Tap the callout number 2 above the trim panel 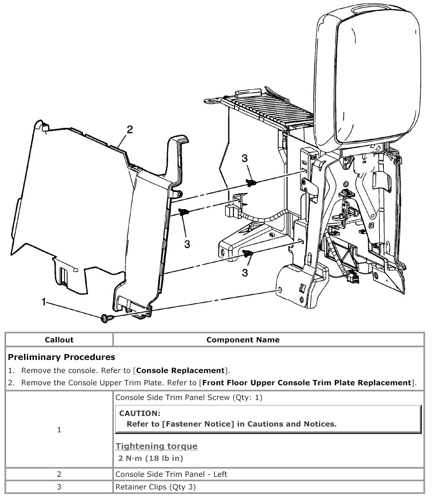coord(129,130)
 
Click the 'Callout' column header coord(59,340)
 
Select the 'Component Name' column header coord(243,340)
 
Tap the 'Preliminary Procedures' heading coord(62,357)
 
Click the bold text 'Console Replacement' coord(180,371)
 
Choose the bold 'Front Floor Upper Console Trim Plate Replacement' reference coord(306,383)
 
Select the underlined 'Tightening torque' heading coord(157,446)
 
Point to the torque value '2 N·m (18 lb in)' coord(151,458)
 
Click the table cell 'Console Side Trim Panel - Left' coord(171,474)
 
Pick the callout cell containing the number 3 coord(59,487)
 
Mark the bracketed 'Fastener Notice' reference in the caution coord(198,424)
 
